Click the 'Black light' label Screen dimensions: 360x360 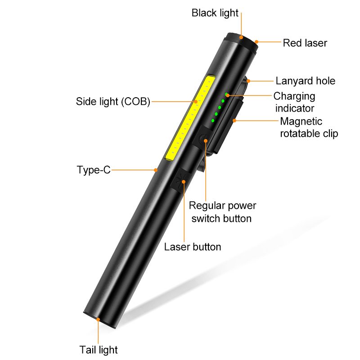[x=215, y=13]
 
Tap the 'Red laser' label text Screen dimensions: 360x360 [x=305, y=43]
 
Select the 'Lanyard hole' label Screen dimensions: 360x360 [x=306, y=81]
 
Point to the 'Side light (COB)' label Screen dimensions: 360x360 [x=113, y=102]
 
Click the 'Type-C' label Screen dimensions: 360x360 [x=94, y=170]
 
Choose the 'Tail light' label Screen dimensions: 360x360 [x=99, y=350]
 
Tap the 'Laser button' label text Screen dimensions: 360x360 [x=193, y=247]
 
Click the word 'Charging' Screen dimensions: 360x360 [x=294, y=96]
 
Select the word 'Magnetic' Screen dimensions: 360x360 [x=301, y=121]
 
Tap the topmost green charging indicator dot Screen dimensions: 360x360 [x=226, y=94]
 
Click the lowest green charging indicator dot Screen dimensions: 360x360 [x=213, y=121]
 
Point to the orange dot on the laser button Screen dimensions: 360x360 [x=184, y=182]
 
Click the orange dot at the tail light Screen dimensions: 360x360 [x=98, y=319]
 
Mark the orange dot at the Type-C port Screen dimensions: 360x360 [x=156, y=170]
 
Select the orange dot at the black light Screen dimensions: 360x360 [x=241, y=37]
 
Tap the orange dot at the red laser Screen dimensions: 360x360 [x=256, y=42]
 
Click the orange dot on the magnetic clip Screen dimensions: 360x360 [x=234, y=120]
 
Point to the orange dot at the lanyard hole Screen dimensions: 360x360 [x=248, y=81]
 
